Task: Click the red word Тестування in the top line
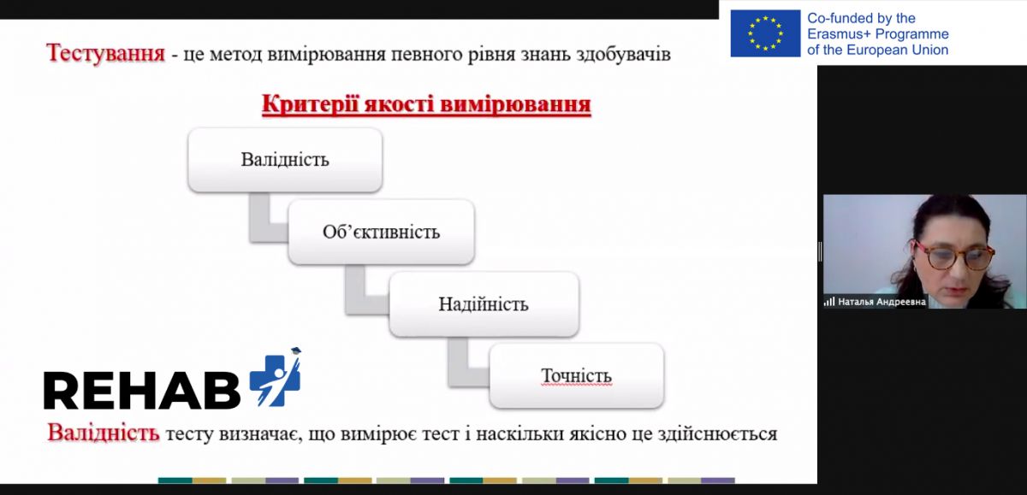click(105, 53)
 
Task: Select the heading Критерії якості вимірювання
click(426, 104)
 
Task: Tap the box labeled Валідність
click(285, 160)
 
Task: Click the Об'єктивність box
click(382, 232)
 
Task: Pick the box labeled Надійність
click(484, 304)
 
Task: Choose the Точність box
click(577, 375)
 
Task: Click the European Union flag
click(765, 33)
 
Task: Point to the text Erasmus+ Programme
click(878, 34)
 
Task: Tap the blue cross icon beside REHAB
click(276, 377)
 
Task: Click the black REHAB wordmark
click(142, 390)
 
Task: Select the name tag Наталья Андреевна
click(882, 302)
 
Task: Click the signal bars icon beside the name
click(829, 302)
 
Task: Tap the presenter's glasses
click(953, 256)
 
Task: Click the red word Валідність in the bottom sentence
click(104, 433)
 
